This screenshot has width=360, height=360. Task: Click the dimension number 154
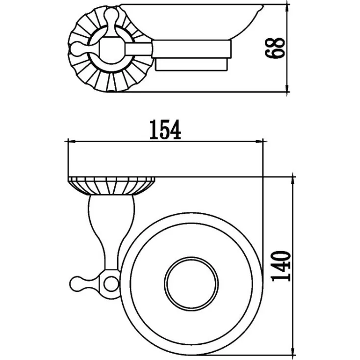(x=165, y=130)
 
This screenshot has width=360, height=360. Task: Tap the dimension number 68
(x=275, y=48)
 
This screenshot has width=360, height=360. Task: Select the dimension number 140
(x=281, y=266)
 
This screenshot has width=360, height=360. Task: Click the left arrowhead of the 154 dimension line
(x=72, y=142)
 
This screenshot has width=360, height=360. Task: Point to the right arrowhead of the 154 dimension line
(x=259, y=142)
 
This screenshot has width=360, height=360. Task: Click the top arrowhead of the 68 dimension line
(x=287, y=8)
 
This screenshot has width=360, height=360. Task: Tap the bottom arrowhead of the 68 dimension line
(x=287, y=88)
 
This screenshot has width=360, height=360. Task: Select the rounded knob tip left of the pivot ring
(x=78, y=284)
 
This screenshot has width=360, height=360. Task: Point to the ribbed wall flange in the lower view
(x=111, y=186)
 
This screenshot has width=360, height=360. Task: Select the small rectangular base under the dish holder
(x=192, y=64)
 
